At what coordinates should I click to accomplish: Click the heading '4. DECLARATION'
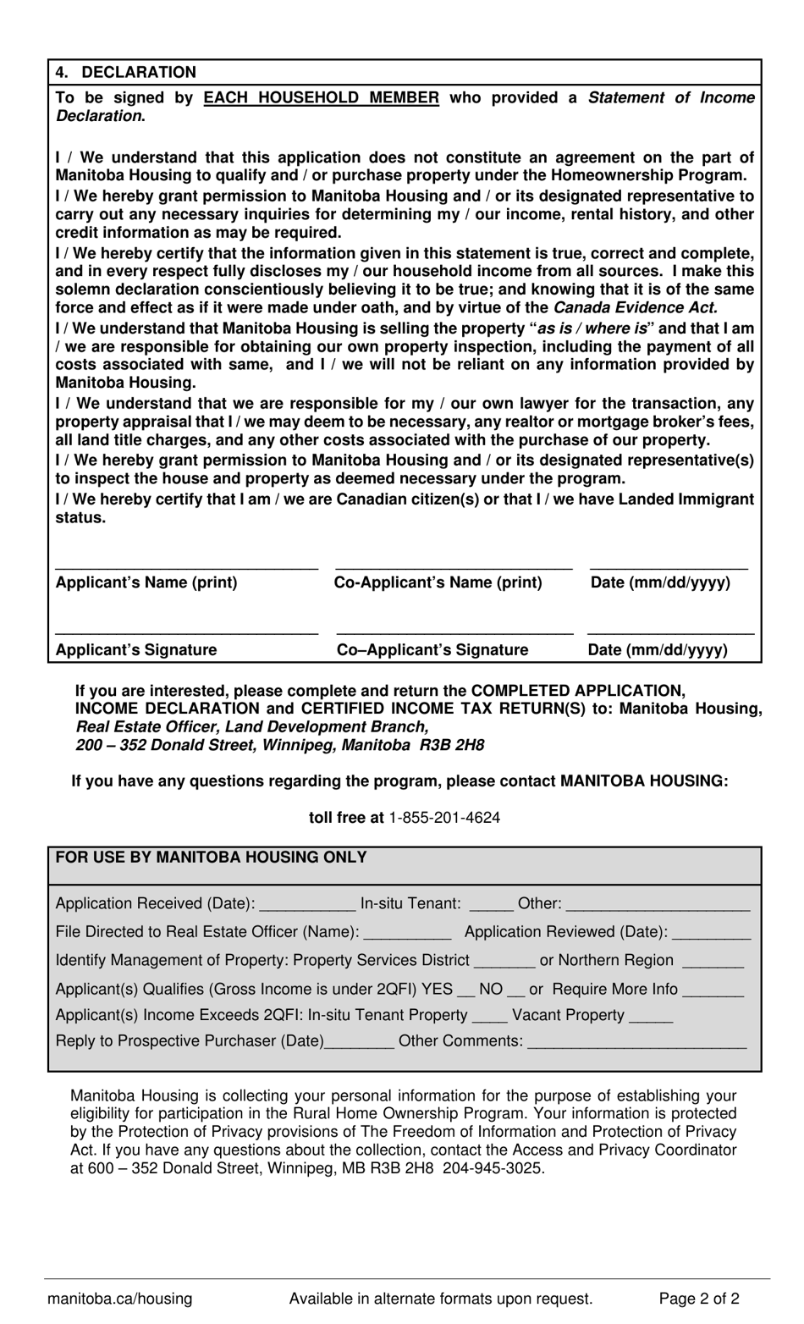point(125,72)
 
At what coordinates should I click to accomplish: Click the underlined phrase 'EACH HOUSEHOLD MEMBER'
point(321,97)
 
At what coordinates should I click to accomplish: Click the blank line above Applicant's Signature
point(186,632)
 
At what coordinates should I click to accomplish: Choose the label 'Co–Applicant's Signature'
point(432,650)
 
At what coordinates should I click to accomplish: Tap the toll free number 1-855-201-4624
point(444,818)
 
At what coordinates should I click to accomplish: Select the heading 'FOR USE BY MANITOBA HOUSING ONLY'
point(211,858)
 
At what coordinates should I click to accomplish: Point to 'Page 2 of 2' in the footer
point(699,1299)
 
